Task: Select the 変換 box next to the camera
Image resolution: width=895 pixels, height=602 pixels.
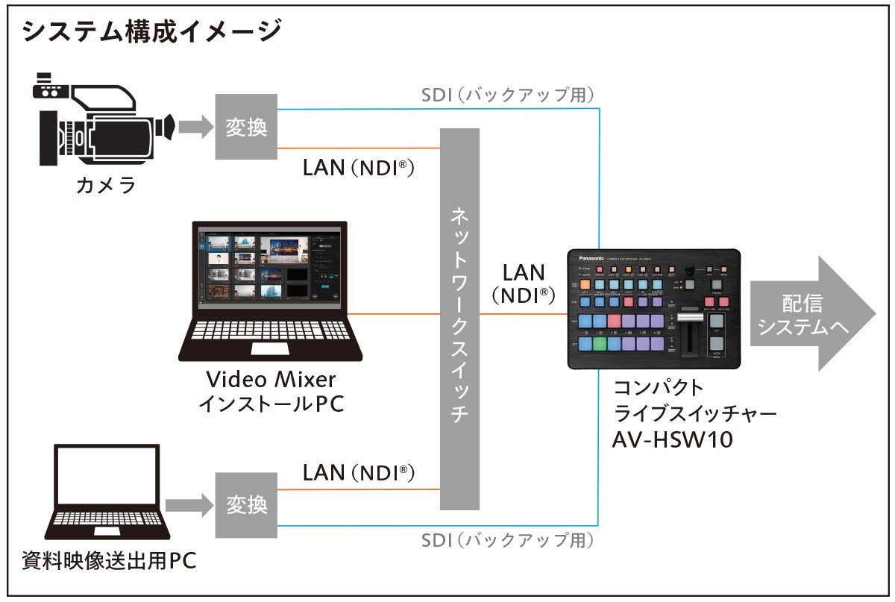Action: click(x=246, y=126)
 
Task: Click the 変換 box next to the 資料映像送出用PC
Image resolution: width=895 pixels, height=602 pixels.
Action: click(x=246, y=505)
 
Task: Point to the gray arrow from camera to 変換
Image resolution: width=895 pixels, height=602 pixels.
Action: click(x=195, y=126)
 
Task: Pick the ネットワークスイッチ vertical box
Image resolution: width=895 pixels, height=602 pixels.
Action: click(x=459, y=320)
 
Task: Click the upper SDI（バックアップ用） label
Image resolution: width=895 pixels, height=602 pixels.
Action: click(x=506, y=95)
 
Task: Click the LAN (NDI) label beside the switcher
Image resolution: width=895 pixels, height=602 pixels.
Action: click(x=524, y=283)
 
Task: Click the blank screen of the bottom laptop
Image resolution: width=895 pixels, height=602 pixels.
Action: click(x=107, y=474)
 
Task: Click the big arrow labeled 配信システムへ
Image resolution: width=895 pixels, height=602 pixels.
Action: click(x=809, y=313)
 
